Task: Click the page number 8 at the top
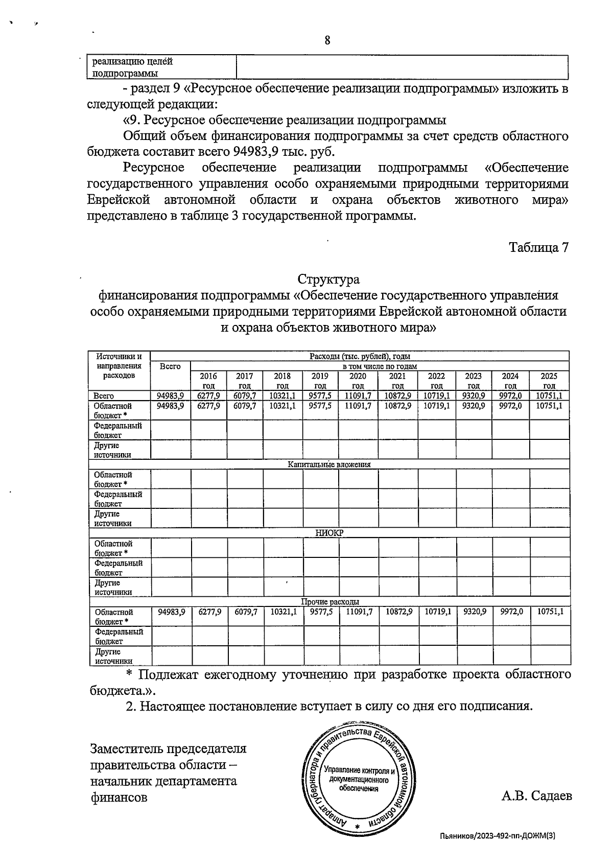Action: pyautogui.click(x=327, y=40)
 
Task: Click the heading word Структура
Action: pyautogui.click(x=328, y=279)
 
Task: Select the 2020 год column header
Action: pyautogui.click(x=358, y=381)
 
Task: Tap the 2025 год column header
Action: pyautogui.click(x=549, y=381)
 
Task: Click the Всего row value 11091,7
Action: pyautogui.click(x=358, y=396)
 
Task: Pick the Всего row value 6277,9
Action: pyautogui.click(x=208, y=396)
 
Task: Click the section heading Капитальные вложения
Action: pyautogui.click(x=328, y=464)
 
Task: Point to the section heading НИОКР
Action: pyautogui.click(x=329, y=533)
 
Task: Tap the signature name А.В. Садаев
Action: pyautogui.click(x=536, y=796)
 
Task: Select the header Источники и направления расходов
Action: pyautogui.click(x=119, y=366)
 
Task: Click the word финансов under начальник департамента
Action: pyautogui.click(x=119, y=797)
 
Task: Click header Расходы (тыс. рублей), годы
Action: pyautogui.click(x=360, y=356)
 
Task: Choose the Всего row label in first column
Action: pyautogui.click(x=104, y=396)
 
